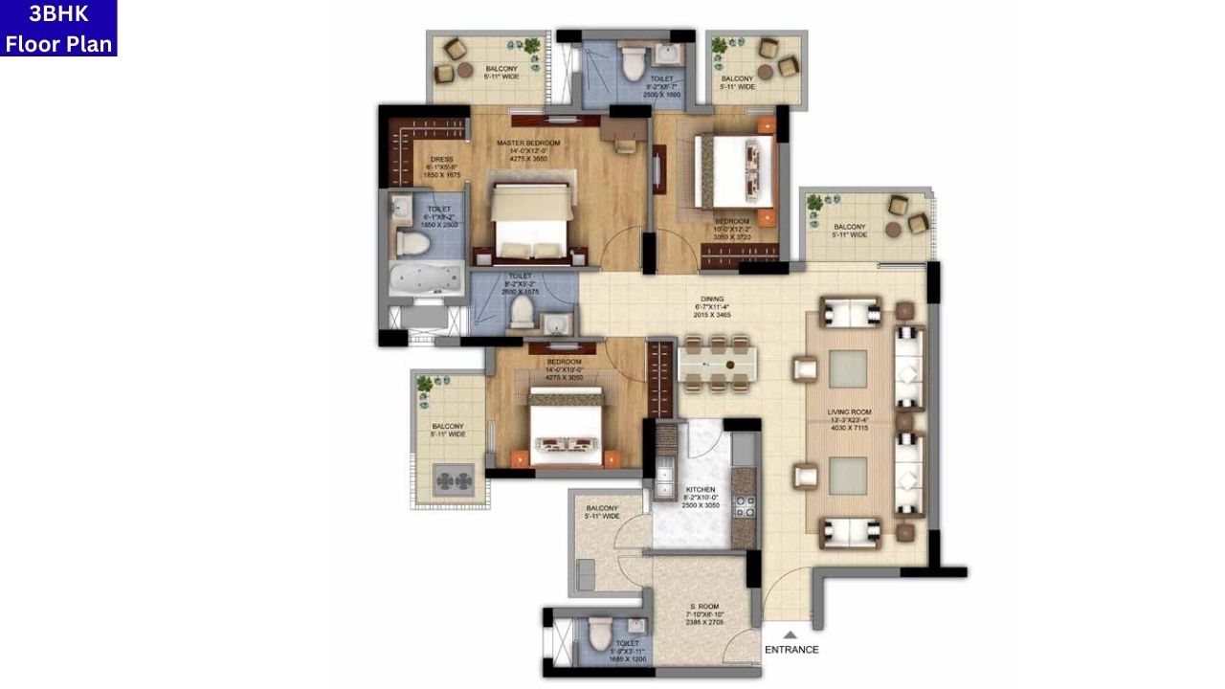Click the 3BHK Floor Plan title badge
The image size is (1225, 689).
click(x=58, y=29)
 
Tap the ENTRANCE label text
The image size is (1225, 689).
click(x=791, y=650)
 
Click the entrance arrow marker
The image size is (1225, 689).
click(x=791, y=633)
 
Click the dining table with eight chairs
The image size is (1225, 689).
click(x=717, y=364)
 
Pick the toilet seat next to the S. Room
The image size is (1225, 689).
click(x=599, y=633)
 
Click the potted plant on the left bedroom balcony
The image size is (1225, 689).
click(x=424, y=384)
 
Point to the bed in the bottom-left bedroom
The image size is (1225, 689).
click(x=566, y=427)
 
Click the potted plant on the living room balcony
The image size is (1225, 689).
click(x=814, y=203)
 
